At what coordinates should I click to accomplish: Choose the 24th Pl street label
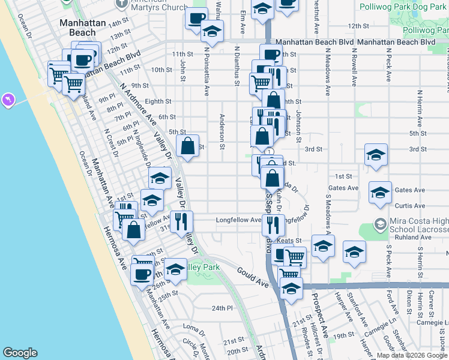coord(221,308)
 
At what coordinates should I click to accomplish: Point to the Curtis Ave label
coord(411,206)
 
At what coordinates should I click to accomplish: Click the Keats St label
coord(289,241)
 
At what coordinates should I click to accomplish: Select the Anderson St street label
coord(222,131)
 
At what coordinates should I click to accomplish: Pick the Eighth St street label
coord(158,101)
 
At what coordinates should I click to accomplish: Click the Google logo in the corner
coord(20,353)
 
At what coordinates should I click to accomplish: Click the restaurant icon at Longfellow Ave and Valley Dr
coord(181,221)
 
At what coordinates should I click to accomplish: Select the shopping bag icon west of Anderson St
coord(187,146)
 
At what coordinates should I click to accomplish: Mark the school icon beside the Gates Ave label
coord(380,192)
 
